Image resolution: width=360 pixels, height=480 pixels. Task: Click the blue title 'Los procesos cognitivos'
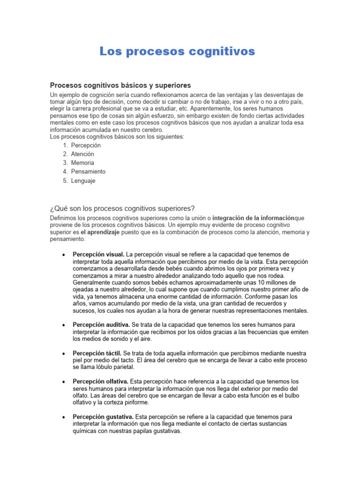pyautogui.click(x=177, y=52)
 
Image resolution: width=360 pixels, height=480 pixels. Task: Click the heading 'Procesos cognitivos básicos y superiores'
pyautogui.click(x=120, y=85)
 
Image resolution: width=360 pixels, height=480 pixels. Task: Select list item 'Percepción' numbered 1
pyautogui.click(x=86, y=145)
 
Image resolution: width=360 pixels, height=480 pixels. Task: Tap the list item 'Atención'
pyautogui.click(x=82, y=154)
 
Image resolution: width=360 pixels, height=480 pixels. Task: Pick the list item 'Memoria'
pyautogui.click(x=82, y=163)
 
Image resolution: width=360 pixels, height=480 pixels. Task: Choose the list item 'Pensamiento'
pyautogui.click(x=88, y=172)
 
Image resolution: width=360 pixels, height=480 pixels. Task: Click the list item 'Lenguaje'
pyautogui.click(x=83, y=180)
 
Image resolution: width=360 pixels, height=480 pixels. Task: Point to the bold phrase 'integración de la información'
pyautogui.click(x=253, y=218)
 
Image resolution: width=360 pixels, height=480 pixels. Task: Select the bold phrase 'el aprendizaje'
pyautogui.click(x=100, y=232)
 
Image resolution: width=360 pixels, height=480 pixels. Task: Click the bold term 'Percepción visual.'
pyautogui.click(x=98, y=255)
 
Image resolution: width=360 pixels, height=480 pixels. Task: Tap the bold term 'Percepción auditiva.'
pyautogui.click(x=101, y=325)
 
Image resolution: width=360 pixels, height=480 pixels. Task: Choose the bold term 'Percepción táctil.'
pyautogui.click(x=97, y=352)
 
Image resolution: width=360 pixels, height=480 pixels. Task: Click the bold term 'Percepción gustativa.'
pyautogui.click(x=103, y=417)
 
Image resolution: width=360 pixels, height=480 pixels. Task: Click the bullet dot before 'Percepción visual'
pyautogui.click(x=63, y=255)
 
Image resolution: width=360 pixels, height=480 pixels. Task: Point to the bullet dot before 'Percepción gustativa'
pyautogui.click(x=63, y=417)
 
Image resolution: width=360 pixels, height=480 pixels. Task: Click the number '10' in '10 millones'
pyautogui.click(x=264, y=283)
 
